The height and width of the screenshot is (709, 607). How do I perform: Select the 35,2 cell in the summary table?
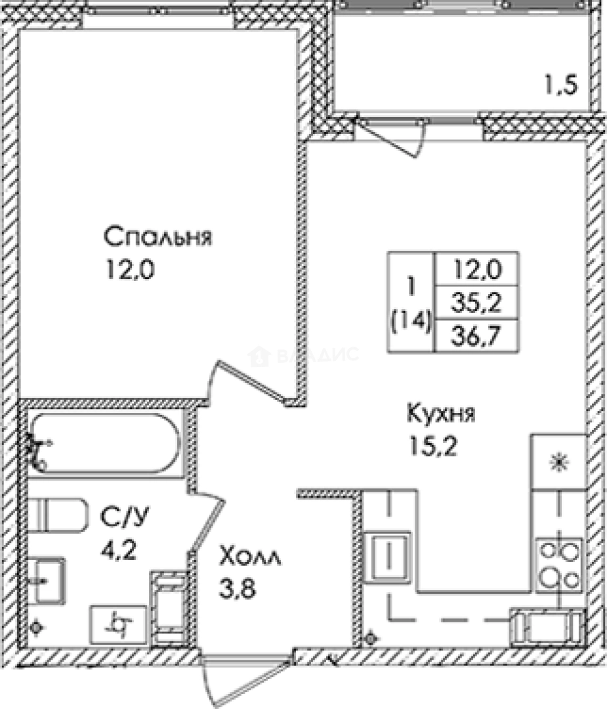click(477, 303)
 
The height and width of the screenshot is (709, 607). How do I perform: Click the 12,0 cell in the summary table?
click(477, 269)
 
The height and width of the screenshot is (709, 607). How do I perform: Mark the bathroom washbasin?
click(48, 580)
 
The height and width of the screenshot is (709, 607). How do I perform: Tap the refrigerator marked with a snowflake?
click(558, 462)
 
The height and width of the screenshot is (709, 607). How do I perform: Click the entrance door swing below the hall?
click(246, 679)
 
